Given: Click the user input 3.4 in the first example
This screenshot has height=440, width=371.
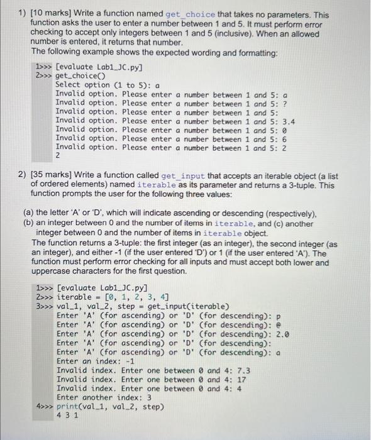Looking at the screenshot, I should tap(289, 121).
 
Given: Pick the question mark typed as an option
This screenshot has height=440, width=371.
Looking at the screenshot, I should tap(285, 104).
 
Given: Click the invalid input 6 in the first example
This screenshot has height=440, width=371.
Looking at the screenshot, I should tap(285, 139).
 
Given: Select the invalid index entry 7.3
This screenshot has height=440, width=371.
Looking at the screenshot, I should tap(246, 370).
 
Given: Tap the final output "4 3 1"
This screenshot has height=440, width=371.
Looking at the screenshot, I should tap(67, 416).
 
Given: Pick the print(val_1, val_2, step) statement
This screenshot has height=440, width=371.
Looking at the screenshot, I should tap(112, 407).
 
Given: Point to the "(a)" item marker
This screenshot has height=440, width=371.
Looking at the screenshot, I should tap(28, 214).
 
